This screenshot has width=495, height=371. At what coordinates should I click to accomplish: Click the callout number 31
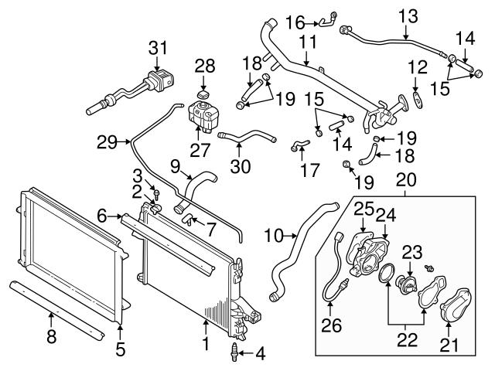point(158,48)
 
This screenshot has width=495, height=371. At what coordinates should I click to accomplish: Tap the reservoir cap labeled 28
point(204,95)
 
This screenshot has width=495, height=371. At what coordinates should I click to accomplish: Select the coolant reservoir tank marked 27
point(205,121)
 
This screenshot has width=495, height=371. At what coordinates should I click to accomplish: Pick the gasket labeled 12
point(417,97)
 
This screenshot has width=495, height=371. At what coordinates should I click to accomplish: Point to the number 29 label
point(108,142)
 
